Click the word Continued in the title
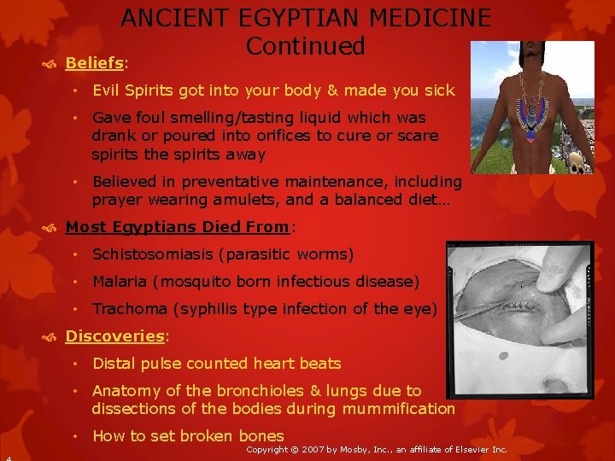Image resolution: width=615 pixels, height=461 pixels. [x=305, y=46]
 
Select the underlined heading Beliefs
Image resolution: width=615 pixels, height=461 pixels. [x=94, y=63]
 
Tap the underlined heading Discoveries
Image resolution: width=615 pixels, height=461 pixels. [x=114, y=336]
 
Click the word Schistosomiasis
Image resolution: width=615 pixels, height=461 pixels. [x=151, y=254]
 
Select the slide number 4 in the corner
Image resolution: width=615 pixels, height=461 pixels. [x=6, y=457]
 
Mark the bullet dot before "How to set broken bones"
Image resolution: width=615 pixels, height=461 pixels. [x=76, y=436]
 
